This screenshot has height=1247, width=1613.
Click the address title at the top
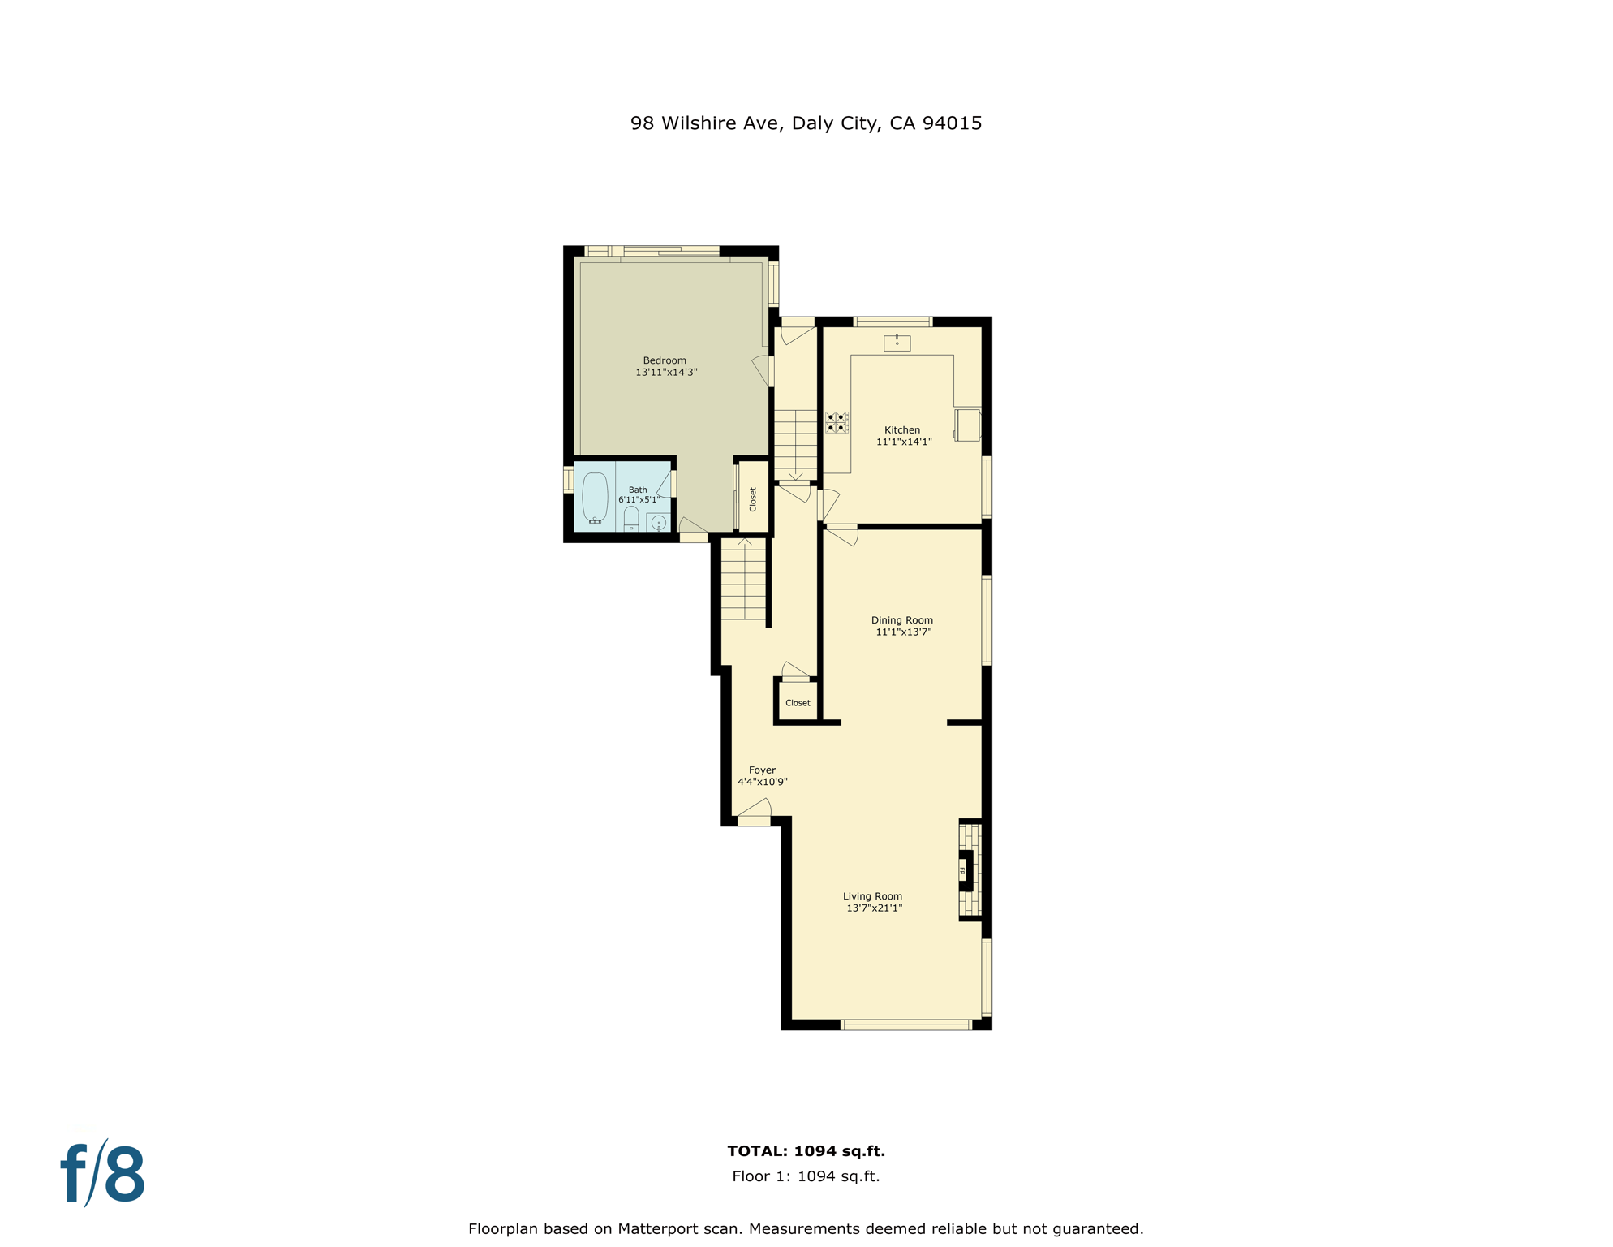tap(806, 123)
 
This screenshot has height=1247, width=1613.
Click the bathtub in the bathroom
tap(596, 497)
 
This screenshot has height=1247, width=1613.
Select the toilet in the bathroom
tap(631, 520)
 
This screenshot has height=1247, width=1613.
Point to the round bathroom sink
tap(659, 523)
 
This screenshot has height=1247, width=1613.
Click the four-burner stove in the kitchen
tap(837, 422)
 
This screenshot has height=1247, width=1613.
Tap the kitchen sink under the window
tap(897, 343)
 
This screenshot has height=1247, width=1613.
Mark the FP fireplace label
tap(963, 871)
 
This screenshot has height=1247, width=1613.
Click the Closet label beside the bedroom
tap(753, 498)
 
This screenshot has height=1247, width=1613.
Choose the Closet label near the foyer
tap(798, 703)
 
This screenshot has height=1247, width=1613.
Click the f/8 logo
tap(103, 1174)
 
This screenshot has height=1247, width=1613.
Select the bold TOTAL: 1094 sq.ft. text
tap(806, 1151)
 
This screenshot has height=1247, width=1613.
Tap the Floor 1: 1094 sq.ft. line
tap(806, 1176)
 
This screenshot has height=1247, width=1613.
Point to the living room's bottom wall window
tap(906, 1025)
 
